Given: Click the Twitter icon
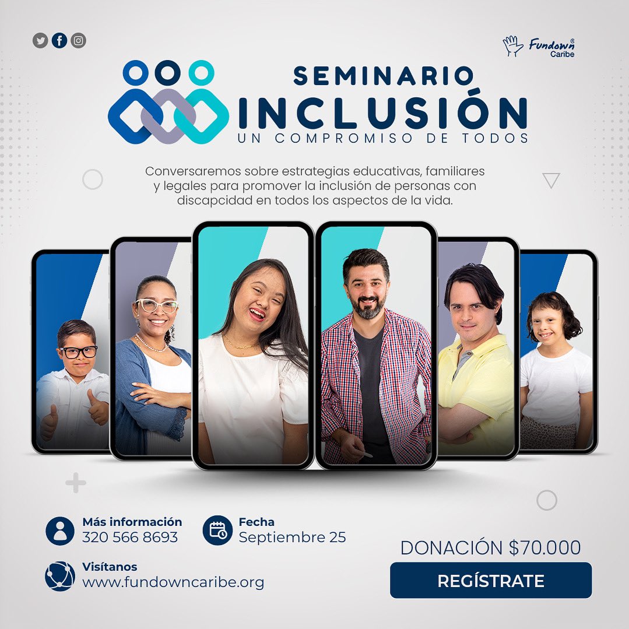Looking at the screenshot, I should (x=40, y=41).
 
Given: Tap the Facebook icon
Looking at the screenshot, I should (x=59, y=41).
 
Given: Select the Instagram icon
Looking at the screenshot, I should (x=79, y=41).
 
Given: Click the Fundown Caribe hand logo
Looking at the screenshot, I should (x=513, y=46).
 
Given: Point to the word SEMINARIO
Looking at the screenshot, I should (x=384, y=76).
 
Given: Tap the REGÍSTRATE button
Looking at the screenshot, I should (x=490, y=581).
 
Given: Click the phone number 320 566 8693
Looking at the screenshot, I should (x=130, y=537).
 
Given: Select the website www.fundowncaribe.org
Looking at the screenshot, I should (x=173, y=582).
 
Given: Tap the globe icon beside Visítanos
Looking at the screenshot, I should (x=59, y=576).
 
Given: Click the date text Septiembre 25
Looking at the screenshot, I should (x=292, y=537).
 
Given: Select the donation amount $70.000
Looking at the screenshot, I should (x=544, y=548).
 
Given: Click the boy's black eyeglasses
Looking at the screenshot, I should (x=78, y=352).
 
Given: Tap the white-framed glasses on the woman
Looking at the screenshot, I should (x=156, y=305).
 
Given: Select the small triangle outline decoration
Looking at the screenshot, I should (x=551, y=181).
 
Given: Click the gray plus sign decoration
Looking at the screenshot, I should (x=76, y=483).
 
